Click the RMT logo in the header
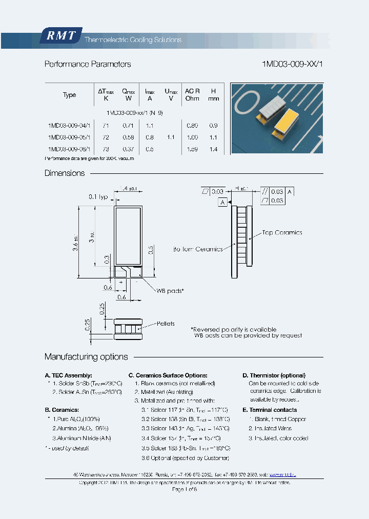coord(60,36)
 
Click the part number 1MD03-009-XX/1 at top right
coord(293,64)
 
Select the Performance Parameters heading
coord(88,64)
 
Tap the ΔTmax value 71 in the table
coord(106,125)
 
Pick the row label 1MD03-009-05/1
coord(69,137)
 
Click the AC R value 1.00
coord(192,137)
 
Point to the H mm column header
coord(213,94)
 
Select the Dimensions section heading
coord(65,173)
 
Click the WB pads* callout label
coord(170,291)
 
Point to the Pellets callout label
coord(166,324)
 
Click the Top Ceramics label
coord(282,232)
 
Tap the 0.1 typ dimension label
coord(98,196)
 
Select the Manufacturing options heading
coord(86,357)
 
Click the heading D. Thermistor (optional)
coord(274,375)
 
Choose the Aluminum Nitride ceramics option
coord(81,438)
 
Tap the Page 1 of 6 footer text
coord(184,490)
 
